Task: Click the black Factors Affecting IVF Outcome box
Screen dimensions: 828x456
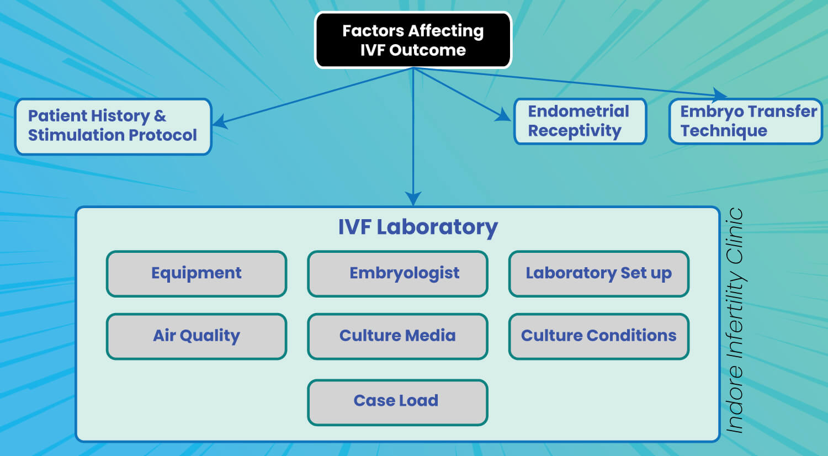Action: tap(413, 40)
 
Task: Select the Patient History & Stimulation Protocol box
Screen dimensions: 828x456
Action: tap(113, 126)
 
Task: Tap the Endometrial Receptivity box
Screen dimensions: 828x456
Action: tap(580, 121)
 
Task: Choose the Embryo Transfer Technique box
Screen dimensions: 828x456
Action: tap(746, 121)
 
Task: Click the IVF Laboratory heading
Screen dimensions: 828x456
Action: tap(418, 227)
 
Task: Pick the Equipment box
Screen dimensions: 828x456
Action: tap(197, 274)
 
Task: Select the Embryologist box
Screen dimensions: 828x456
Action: tap(397, 274)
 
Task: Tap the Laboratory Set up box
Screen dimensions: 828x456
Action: tap(599, 274)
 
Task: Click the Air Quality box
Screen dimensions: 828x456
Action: tap(197, 336)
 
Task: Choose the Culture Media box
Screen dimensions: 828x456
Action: tap(397, 336)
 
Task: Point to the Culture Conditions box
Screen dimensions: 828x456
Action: tap(599, 336)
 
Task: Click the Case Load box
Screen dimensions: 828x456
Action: tap(397, 402)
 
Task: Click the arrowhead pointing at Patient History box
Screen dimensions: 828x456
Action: tap(220, 121)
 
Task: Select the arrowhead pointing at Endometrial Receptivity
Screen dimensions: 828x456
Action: tap(503, 115)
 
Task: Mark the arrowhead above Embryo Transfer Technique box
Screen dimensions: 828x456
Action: tap(719, 94)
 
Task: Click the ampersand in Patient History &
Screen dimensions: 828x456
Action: tap(160, 116)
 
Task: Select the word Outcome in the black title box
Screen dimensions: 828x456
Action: tap(427, 50)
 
